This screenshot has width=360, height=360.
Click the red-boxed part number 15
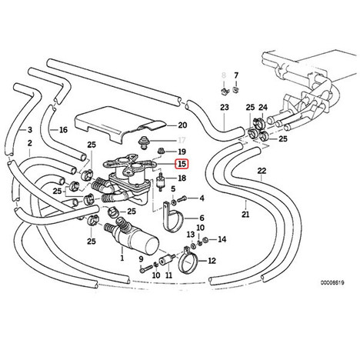click(182, 164)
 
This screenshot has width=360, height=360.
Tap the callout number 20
click(182, 125)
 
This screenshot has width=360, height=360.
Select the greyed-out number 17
click(182, 140)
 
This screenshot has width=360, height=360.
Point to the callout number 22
click(262, 171)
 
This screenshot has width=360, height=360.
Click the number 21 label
click(245, 214)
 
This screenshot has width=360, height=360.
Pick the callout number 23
click(225, 107)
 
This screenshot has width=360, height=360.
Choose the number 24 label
click(263, 107)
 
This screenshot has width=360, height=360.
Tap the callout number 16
click(63, 130)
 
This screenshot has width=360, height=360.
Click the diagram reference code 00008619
click(332, 283)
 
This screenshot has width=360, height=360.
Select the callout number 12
click(212, 261)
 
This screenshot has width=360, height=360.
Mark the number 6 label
click(202, 218)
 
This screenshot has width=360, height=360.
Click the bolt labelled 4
click(182, 198)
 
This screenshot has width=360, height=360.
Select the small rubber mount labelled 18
click(161, 181)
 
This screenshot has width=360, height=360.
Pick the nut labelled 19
click(162, 151)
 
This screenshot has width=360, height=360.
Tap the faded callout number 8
click(224, 75)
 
